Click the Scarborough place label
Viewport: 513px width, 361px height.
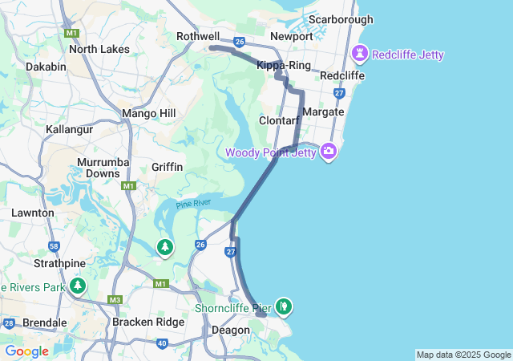pyautogui.click(x=341, y=19)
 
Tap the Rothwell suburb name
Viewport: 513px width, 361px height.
pyautogui.click(x=198, y=36)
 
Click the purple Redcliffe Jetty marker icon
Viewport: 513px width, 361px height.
pyautogui.click(x=360, y=55)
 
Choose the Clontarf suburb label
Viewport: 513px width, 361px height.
pyautogui.click(x=279, y=120)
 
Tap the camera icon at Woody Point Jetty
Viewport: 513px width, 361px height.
pyautogui.click(x=328, y=152)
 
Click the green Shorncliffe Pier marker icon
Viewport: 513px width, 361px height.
pyautogui.click(x=283, y=306)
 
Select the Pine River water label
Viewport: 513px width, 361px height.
pyautogui.click(x=193, y=204)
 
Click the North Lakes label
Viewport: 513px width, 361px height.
pyautogui.click(x=99, y=49)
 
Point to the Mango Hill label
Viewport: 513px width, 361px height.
pyautogui.click(x=148, y=114)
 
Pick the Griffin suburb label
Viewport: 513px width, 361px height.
pyautogui.click(x=168, y=167)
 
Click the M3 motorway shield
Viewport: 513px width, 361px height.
pyautogui.click(x=115, y=300)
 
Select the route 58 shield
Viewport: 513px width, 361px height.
pyautogui.click(x=54, y=246)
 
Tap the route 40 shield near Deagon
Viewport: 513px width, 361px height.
pyautogui.click(x=163, y=343)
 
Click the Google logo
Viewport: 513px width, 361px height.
pyautogui.click(x=26, y=351)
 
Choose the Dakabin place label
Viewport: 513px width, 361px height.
pyautogui.click(x=46, y=67)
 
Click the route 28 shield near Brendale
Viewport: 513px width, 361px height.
pyautogui.click(x=9, y=324)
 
